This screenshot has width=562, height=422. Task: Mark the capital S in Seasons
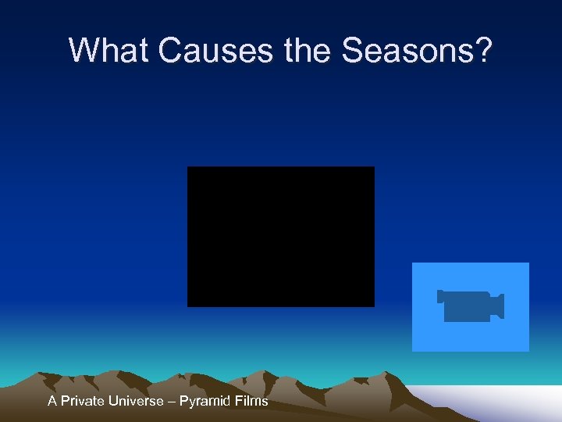pyautogui.click(x=353, y=50)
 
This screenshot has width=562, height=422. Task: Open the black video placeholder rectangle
pyautogui.click(x=280, y=236)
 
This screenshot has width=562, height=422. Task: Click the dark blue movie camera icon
pyautogui.click(x=469, y=306)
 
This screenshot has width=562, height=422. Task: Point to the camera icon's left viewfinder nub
pyautogui.click(x=440, y=296)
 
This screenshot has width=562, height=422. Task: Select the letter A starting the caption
pyautogui.click(x=52, y=401)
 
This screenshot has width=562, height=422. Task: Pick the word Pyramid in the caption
pyautogui.click(x=204, y=401)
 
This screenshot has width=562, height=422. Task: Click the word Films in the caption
pyautogui.click(x=251, y=401)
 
